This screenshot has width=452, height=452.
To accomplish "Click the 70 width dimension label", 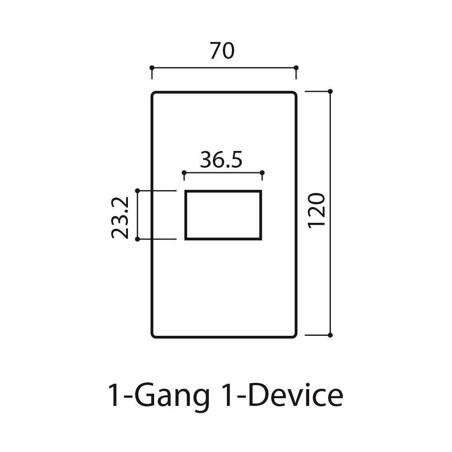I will coord(222,52).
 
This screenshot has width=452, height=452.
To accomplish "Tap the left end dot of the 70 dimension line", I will coord(152,68).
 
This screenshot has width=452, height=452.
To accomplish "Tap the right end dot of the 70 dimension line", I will coord(296,68).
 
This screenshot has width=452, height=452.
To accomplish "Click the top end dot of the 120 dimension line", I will coord(330,91).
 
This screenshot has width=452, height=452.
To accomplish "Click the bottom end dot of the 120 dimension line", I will coord(330,335).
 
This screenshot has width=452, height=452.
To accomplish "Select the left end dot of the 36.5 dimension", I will coord(184,173).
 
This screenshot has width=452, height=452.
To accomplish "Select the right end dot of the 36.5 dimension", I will coord(263,173).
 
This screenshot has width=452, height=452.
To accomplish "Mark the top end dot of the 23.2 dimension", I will coord(137,191).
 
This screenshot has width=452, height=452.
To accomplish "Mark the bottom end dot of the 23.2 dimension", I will coord(137,239).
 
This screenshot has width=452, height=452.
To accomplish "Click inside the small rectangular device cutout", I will coord(223,215).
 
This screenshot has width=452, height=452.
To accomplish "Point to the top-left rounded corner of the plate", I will coord(154,94).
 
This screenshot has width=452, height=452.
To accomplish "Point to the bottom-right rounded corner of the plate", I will coord(294,335).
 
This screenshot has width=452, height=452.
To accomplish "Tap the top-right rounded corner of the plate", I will coord(294,94).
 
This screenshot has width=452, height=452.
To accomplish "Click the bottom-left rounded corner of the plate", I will coord(154,335).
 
